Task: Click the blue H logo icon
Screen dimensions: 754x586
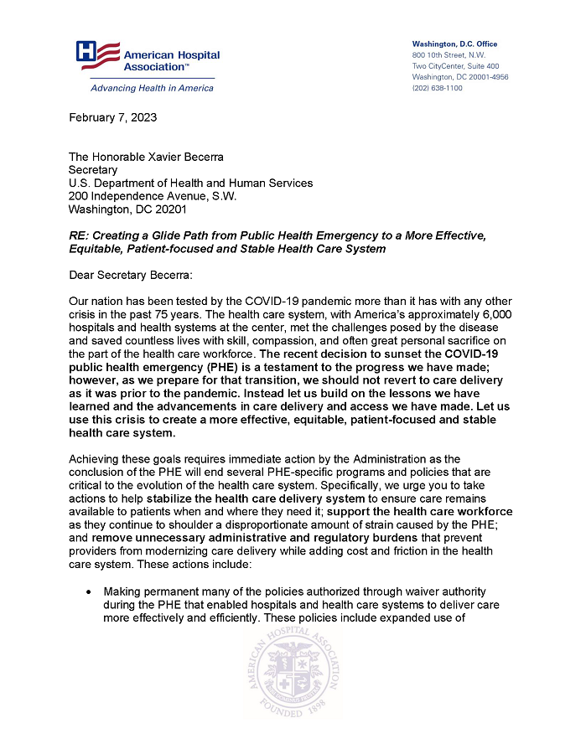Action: click(87, 52)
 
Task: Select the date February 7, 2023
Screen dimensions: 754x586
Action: click(112, 117)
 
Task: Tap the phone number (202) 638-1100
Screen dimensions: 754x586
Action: click(437, 88)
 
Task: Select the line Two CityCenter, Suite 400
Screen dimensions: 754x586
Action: click(455, 66)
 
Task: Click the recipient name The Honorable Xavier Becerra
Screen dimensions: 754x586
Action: click(146, 157)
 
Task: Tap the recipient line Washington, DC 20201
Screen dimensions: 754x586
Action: click(127, 209)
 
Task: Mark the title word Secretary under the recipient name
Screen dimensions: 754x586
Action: click(93, 170)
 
